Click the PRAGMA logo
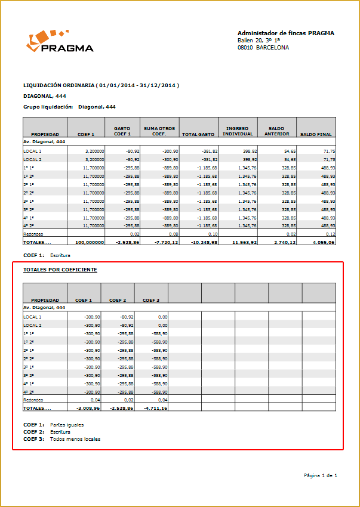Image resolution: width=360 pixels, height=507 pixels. pos(60,42)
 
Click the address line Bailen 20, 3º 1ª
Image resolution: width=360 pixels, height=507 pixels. pos(263,41)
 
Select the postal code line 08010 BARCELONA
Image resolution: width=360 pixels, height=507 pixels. pos(263,48)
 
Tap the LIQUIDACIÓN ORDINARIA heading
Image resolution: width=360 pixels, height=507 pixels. pos(101,85)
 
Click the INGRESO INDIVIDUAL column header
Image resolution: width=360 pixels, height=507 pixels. pos(239,131)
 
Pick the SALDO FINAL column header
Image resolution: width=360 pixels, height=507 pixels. pos(316,135)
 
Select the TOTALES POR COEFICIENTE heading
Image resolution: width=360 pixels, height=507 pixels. pos(60,270)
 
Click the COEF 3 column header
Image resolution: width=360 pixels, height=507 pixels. pos(150,300)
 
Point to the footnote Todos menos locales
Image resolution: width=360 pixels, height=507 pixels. pos(75,439)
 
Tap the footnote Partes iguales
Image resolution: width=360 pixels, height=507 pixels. pos(67,425)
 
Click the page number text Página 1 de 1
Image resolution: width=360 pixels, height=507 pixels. pos(321,475)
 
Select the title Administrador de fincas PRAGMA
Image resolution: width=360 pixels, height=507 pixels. pos(285,33)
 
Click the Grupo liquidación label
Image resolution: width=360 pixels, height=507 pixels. pos(48,107)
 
